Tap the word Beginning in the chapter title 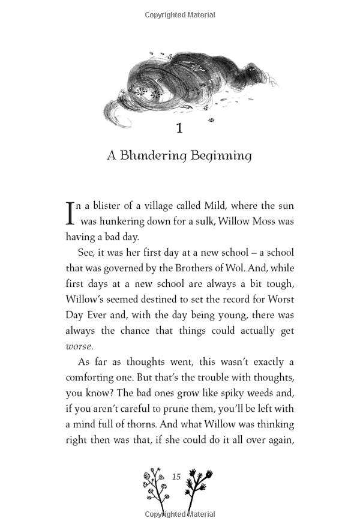tap(221, 155)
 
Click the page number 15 tap(176, 477)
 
